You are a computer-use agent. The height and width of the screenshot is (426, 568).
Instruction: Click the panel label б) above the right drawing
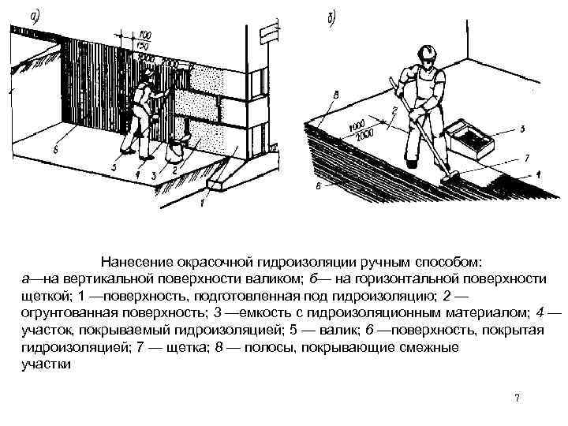(x=332, y=17)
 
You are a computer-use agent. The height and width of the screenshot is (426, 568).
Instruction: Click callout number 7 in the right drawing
(x=527, y=158)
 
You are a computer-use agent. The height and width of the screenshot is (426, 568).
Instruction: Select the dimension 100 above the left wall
(x=145, y=34)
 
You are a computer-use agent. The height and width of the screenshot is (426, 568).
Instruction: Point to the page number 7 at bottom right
(x=517, y=398)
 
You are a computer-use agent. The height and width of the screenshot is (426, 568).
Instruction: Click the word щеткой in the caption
(x=43, y=297)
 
